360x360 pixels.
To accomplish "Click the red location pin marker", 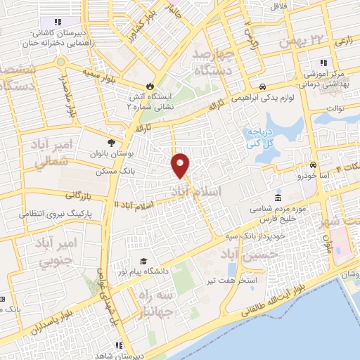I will click(x=181, y=165).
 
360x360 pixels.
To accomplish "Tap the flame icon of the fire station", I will click(x=148, y=79).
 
